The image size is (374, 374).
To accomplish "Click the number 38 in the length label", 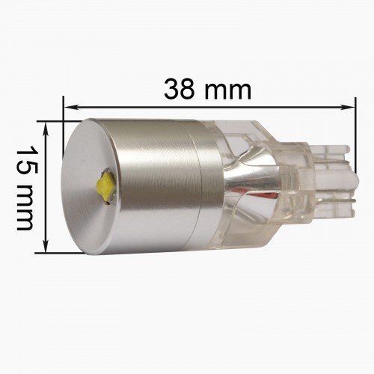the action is pyautogui.click(x=179, y=89).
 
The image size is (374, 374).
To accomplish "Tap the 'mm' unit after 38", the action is pyautogui.click(x=227, y=91).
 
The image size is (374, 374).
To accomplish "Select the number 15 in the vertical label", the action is pyautogui.click(x=26, y=159).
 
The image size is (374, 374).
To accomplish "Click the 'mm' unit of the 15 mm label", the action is pyautogui.click(x=25, y=206).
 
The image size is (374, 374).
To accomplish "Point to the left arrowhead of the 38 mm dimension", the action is pyautogui.click(x=70, y=108).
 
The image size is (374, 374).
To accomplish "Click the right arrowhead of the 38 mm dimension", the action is pyautogui.click(x=348, y=107).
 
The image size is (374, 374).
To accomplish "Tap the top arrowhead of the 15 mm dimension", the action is pyautogui.click(x=46, y=129).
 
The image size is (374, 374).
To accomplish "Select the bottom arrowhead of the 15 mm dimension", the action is pyautogui.click(x=46, y=246).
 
